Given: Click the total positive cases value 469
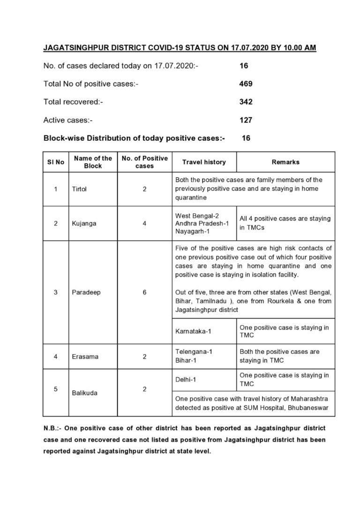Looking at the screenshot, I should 246,84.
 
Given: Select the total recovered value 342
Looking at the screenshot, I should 246,102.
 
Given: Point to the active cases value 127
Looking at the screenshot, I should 246,120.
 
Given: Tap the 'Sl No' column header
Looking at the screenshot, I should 55,162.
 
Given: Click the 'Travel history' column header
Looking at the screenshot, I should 204,162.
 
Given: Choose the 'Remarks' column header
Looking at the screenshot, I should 285,162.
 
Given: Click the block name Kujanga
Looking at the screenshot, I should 84,223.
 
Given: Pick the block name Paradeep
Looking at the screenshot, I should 86,292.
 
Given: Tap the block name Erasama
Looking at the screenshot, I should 85,357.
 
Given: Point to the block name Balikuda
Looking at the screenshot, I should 85,393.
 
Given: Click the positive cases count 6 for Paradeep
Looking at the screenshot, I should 144,292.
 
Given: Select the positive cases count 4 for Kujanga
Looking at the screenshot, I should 144,223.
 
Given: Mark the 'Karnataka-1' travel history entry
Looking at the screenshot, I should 193,331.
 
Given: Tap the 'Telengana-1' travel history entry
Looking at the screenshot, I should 194,351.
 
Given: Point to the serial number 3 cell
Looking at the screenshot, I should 55,292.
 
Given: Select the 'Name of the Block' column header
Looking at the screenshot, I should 93,162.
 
